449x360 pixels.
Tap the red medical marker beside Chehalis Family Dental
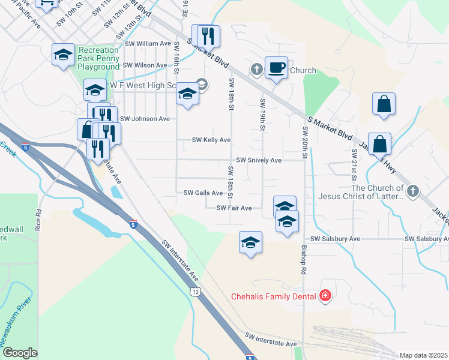325,295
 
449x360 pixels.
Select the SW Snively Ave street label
259,160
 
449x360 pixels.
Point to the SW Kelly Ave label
211,140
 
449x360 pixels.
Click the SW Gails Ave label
203,193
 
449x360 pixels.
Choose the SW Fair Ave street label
234,208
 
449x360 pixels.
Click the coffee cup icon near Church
276,68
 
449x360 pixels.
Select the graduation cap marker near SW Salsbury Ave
250,242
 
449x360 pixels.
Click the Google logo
20,353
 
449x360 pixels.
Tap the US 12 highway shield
194,292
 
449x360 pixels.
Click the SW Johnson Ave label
145,119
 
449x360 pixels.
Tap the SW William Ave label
149,44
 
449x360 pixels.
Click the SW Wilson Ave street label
145,65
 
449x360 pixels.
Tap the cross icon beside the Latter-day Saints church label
412,191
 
